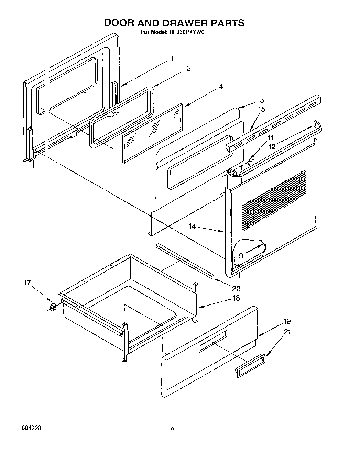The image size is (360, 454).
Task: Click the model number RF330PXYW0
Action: click(x=186, y=33)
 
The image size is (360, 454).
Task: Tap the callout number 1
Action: click(x=172, y=59)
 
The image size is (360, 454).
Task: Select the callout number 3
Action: click(x=188, y=68)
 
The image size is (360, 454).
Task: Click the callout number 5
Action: click(x=262, y=100)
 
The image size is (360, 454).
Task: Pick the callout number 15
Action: click(x=262, y=109)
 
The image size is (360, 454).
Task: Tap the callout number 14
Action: click(x=192, y=226)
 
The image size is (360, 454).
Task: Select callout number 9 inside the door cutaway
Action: click(x=241, y=256)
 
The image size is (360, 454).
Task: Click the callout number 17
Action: click(x=27, y=283)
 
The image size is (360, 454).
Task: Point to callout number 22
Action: click(x=236, y=289)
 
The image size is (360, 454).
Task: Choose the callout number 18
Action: click(x=236, y=298)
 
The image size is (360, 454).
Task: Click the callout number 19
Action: click(x=287, y=321)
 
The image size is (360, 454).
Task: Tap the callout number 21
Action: click(x=287, y=332)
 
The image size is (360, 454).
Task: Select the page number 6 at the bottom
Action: click(x=173, y=429)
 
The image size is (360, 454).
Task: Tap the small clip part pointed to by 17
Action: click(x=53, y=307)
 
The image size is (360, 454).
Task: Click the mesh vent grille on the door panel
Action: click(x=274, y=200)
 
